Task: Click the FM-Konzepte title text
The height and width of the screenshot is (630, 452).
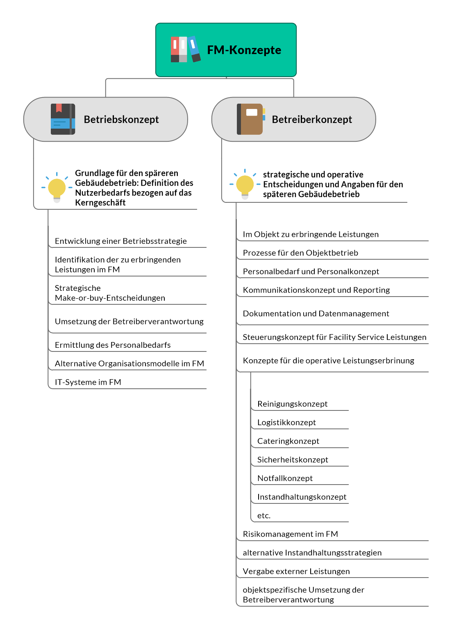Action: click(x=244, y=50)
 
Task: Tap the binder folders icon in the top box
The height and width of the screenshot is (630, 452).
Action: click(x=185, y=49)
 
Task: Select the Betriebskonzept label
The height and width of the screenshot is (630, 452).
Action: click(x=121, y=120)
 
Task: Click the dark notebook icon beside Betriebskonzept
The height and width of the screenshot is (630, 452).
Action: click(x=63, y=119)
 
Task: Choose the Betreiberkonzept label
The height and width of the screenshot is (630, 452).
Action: click(x=312, y=120)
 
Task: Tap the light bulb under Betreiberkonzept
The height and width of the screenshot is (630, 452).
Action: click(x=245, y=186)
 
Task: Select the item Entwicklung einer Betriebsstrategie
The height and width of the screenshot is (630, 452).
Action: click(x=121, y=241)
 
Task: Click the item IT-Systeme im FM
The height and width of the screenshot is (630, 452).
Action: click(x=88, y=382)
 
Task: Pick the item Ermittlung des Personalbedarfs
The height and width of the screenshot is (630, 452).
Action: click(x=113, y=345)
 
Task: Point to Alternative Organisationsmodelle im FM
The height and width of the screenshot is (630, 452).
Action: click(x=129, y=364)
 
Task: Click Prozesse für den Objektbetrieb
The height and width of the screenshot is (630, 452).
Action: click(x=300, y=253)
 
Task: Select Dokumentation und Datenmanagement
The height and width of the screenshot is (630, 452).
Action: click(x=316, y=314)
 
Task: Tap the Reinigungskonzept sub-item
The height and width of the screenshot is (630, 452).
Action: click(x=292, y=404)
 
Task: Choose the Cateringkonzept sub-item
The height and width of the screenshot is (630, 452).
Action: click(x=288, y=441)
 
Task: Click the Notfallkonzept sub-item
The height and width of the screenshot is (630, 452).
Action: click(x=285, y=478)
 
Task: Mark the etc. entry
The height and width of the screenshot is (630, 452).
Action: click(x=264, y=516)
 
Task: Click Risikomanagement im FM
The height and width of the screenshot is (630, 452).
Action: click(x=290, y=534)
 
